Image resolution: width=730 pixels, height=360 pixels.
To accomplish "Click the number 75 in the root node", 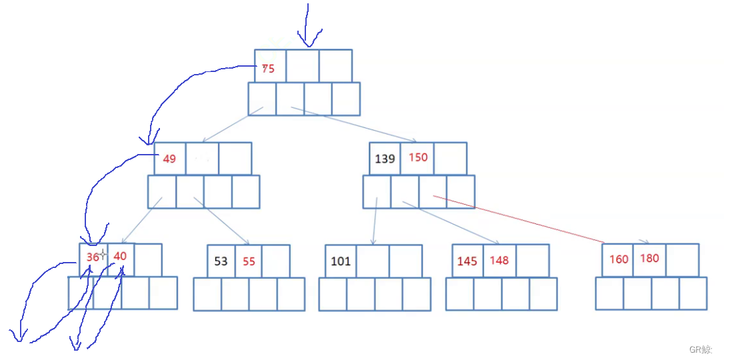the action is point(268,68).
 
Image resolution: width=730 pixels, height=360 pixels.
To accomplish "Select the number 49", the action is point(169,159).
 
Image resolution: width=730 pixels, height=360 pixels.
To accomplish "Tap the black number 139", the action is point(385,159).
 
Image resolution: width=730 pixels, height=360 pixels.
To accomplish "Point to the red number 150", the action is point(418,157).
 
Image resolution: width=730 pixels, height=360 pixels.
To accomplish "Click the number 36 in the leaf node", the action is point(93,257).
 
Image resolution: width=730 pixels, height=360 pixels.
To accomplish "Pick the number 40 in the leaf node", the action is point(120,256).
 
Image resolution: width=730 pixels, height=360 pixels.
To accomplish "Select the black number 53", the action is point(221,261).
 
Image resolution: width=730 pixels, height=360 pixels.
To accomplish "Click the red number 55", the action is point(249,261).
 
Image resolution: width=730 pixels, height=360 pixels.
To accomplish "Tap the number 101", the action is point(340,261).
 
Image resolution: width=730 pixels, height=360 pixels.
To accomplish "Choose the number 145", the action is point(467,261).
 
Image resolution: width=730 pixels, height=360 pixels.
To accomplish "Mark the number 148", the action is point(499,260).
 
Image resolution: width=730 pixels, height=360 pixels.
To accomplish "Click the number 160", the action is point(619,259).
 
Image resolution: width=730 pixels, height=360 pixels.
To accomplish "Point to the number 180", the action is point(649,258).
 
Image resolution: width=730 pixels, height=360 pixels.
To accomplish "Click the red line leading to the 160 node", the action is point(520,219).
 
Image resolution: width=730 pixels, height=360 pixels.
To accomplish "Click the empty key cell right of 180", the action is point(682,260).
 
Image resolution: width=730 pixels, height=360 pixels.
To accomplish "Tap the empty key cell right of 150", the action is point(450,159).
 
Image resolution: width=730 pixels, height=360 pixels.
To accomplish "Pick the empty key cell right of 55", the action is point(276,261).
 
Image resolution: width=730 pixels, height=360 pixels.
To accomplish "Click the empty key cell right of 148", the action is point(533,260).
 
